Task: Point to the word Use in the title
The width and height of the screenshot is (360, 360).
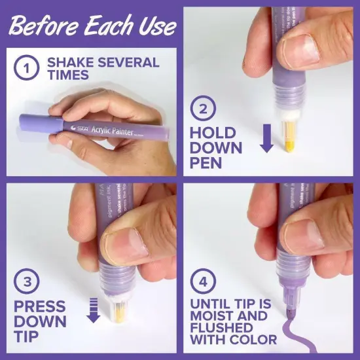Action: (x=154, y=27)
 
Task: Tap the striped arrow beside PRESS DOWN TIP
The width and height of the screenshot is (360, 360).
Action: (x=93, y=310)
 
